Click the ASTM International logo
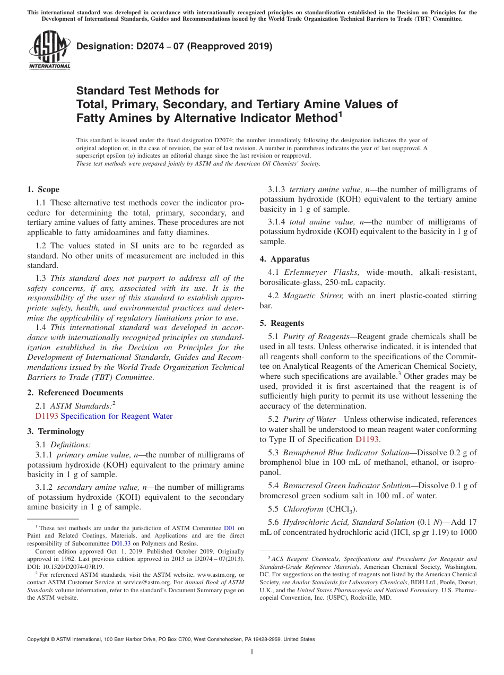pyautogui.click(x=49, y=50)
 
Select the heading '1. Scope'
pyautogui.click(x=43, y=189)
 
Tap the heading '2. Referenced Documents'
pyautogui.click(x=75, y=393)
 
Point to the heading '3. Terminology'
pyautogui.click(x=56, y=431)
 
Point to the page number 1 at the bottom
pyautogui.click(x=252, y=652)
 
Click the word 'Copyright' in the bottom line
pyautogui.click(x=39, y=639)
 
